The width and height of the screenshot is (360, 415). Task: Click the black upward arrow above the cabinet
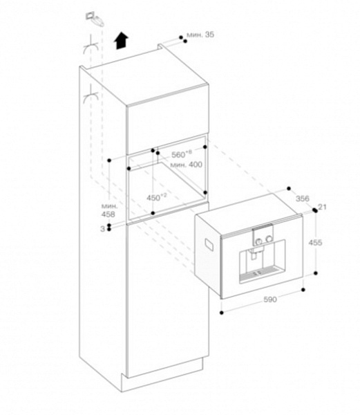click(121, 40)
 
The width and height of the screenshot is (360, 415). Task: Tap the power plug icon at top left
click(95, 19)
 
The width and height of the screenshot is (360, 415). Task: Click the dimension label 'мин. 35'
click(200, 35)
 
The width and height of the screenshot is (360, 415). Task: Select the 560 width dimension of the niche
click(182, 154)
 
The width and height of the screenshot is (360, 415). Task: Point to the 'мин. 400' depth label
click(186, 165)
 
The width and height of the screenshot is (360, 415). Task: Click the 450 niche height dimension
click(157, 197)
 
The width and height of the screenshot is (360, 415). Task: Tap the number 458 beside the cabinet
click(108, 214)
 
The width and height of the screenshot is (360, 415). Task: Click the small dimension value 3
click(102, 229)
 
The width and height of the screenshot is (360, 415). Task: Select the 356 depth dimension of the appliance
click(303, 199)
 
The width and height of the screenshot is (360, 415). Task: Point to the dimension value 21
click(322, 207)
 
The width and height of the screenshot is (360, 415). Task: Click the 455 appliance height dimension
click(315, 243)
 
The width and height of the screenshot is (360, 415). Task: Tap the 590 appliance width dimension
click(270, 299)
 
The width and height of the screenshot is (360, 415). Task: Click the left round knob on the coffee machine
click(259, 241)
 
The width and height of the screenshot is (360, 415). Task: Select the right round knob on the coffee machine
click(269, 239)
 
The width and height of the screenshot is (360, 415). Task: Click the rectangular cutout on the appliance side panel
click(210, 244)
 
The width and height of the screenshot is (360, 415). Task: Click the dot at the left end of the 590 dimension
click(222, 313)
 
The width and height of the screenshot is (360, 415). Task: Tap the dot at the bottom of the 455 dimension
click(316, 273)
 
